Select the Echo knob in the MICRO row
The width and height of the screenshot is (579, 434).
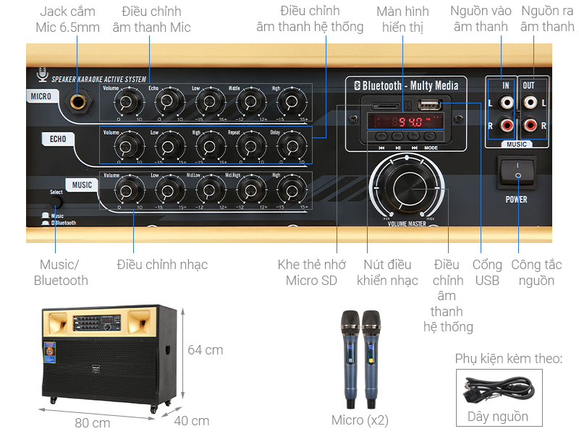tap(168, 102)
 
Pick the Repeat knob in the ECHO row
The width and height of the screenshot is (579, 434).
tap(250, 147)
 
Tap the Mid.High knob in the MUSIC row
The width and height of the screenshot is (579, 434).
tap(250, 190)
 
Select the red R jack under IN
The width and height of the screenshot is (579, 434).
tap(506, 125)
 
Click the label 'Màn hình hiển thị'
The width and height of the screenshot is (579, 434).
tap(402, 20)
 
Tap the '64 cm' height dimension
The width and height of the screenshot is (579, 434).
tap(205, 350)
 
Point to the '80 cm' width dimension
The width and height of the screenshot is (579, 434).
tap(92, 422)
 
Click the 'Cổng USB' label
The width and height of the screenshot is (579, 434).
tap(487, 273)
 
